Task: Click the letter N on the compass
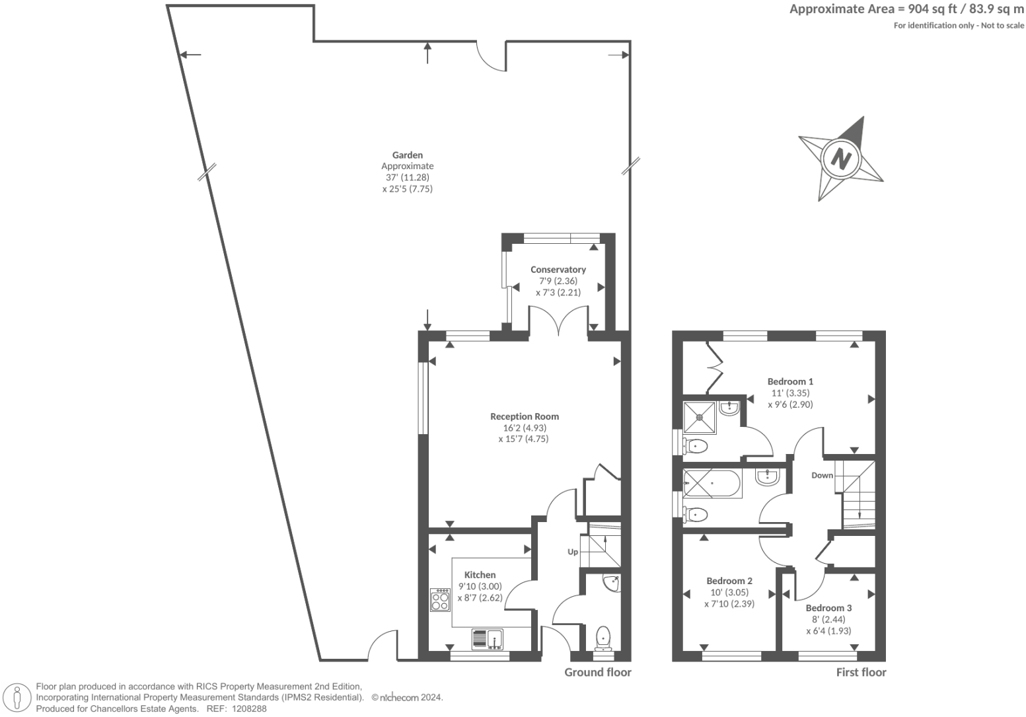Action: pyautogui.click(x=840, y=159)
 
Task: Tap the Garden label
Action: pyautogui.click(x=407, y=155)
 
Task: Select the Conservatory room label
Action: pyautogui.click(x=558, y=270)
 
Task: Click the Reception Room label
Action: pyautogui.click(x=525, y=416)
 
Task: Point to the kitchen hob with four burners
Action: pyautogui.click(x=439, y=600)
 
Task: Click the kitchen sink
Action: pyautogui.click(x=488, y=639)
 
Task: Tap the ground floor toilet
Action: pyautogui.click(x=603, y=638)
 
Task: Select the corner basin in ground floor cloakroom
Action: pyautogui.click(x=611, y=583)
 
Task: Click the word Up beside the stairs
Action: pyautogui.click(x=573, y=552)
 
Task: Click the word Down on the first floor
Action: pyautogui.click(x=822, y=475)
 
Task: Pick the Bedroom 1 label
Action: pyautogui.click(x=790, y=381)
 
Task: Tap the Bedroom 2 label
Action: pyautogui.click(x=729, y=581)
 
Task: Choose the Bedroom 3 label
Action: pyautogui.click(x=828, y=608)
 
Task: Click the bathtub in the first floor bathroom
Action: pyautogui.click(x=712, y=484)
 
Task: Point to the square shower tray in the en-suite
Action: pyautogui.click(x=700, y=416)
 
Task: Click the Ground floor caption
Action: pyautogui.click(x=597, y=672)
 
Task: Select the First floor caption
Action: pyautogui.click(x=861, y=672)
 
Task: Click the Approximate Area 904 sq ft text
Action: pyautogui.click(x=906, y=9)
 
